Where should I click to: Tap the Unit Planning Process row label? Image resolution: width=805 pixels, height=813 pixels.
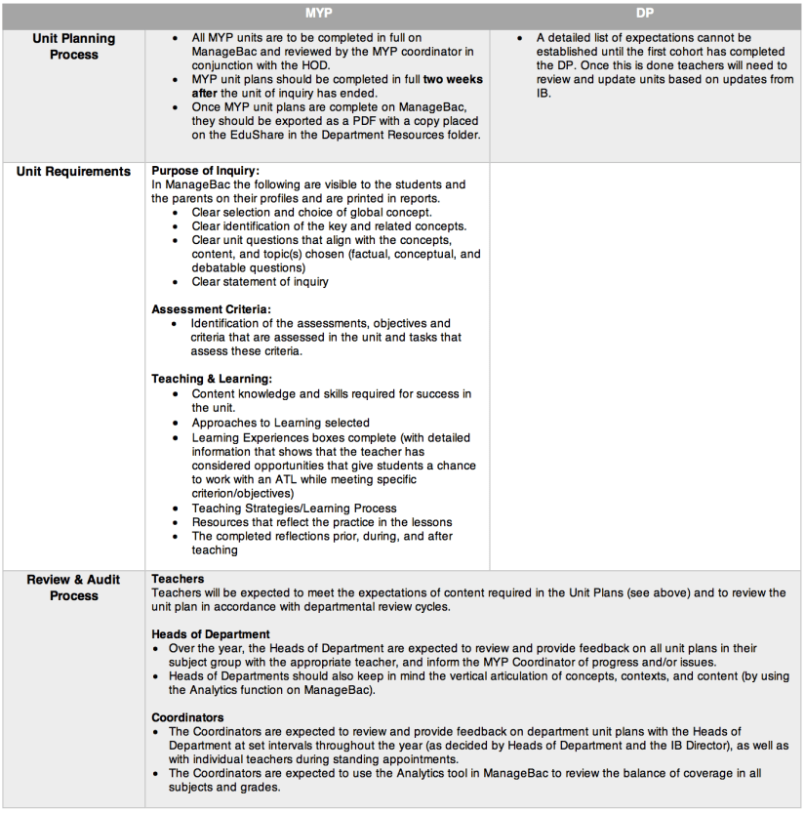point(74,47)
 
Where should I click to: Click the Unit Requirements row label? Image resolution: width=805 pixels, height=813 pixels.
point(74,172)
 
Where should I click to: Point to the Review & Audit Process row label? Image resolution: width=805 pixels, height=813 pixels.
point(74,588)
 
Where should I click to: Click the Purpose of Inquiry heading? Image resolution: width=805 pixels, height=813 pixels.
point(205,171)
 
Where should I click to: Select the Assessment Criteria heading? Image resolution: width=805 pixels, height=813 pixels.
point(210,309)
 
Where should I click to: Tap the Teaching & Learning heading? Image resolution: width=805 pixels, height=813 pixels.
point(212,379)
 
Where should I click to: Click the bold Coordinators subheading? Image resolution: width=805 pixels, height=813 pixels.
point(189,717)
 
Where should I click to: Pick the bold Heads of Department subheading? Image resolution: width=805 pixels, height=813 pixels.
point(211,634)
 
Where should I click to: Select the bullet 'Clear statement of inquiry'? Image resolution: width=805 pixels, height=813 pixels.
point(260,282)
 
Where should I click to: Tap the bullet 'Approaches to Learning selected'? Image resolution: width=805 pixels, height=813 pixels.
point(280,423)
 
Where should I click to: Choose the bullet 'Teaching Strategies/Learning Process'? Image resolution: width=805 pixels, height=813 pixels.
point(294,508)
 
